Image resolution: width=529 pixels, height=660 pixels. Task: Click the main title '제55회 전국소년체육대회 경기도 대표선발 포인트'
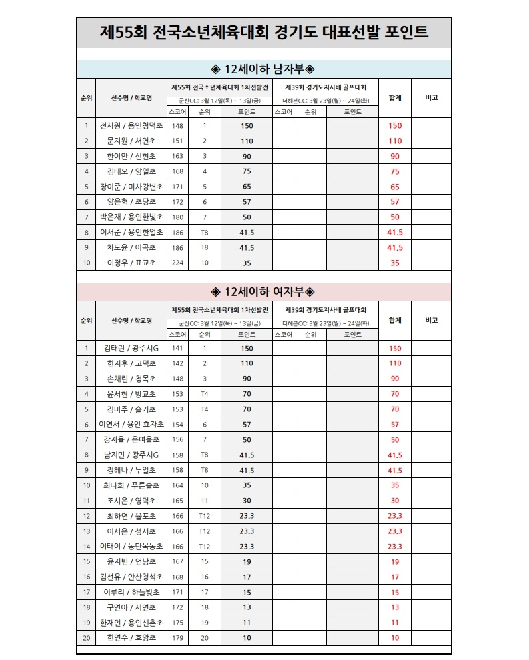coord(264,33)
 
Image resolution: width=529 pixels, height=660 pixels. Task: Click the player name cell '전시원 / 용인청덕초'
coord(131,125)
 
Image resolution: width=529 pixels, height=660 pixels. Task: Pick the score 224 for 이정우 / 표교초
coord(177,263)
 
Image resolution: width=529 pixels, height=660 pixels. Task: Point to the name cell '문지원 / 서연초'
coord(131,141)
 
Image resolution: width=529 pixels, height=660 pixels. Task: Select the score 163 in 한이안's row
coord(177,156)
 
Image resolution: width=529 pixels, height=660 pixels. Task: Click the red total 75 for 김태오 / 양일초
coord(395,171)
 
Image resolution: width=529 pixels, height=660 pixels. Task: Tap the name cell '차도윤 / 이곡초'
coord(131,247)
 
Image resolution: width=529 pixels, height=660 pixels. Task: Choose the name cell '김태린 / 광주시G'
coord(131,348)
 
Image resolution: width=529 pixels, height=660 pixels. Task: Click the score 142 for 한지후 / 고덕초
coord(177,363)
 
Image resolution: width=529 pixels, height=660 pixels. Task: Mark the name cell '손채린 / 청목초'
coord(131,379)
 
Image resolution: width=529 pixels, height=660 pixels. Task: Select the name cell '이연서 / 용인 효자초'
coord(131,425)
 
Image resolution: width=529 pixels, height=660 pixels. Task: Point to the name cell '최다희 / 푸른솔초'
coord(131,485)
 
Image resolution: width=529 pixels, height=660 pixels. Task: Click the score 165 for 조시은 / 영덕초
coord(177,501)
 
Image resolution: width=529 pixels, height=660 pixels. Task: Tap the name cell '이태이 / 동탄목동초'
coord(131,547)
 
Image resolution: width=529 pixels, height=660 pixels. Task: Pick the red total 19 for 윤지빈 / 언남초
coord(395,562)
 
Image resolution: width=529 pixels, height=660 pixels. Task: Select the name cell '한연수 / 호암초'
coord(131,638)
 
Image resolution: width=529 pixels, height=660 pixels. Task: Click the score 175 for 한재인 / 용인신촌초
coord(177,623)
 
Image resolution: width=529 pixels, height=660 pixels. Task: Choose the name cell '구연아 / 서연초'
coord(131,607)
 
